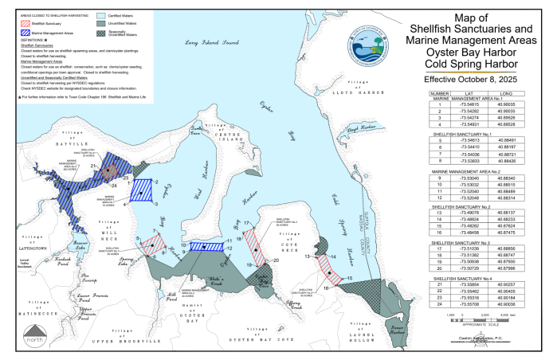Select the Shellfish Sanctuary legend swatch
click(25, 22)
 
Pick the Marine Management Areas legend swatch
click(25, 33)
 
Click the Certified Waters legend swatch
click(100, 14)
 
